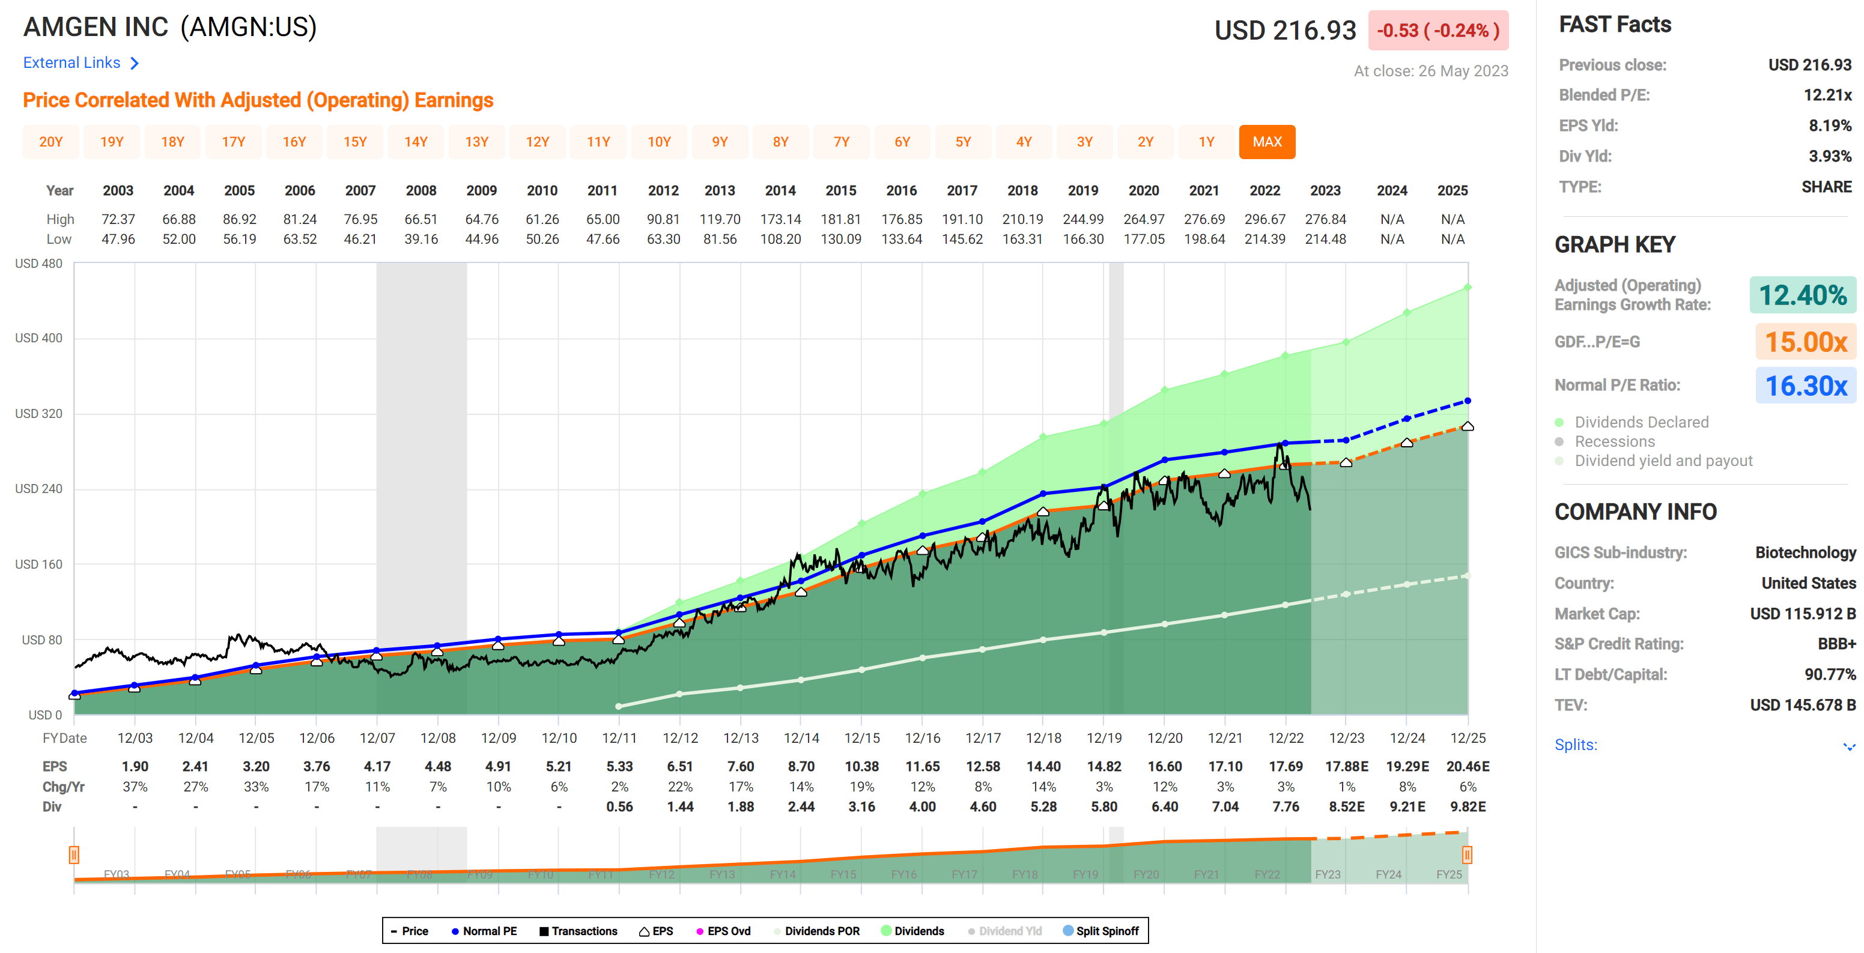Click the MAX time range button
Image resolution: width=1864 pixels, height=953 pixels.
pyautogui.click(x=1266, y=142)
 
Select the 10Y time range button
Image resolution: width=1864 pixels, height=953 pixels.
pyautogui.click(x=658, y=142)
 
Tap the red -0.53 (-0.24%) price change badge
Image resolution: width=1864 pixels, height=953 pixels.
pyautogui.click(x=1437, y=31)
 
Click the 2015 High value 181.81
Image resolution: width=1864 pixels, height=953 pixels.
pyautogui.click(x=840, y=219)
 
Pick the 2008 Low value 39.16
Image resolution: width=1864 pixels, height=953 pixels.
pyautogui.click(x=420, y=239)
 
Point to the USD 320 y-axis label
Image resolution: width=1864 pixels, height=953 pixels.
pyautogui.click(x=38, y=413)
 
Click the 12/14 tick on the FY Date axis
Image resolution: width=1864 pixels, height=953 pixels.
pyautogui.click(x=801, y=737)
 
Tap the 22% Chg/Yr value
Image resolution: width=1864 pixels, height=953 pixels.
pyautogui.click(x=679, y=787)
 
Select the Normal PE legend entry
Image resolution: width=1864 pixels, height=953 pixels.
pyautogui.click(x=484, y=931)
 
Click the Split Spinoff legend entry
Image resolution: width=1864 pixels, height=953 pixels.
pyautogui.click(x=1100, y=931)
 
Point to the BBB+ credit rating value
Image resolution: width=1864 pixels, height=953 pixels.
pyautogui.click(x=1836, y=643)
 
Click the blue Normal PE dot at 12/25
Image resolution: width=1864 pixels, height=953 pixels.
pyautogui.click(x=1467, y=401)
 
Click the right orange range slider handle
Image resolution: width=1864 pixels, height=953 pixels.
pyautogui.click(x=1467, y=855)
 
